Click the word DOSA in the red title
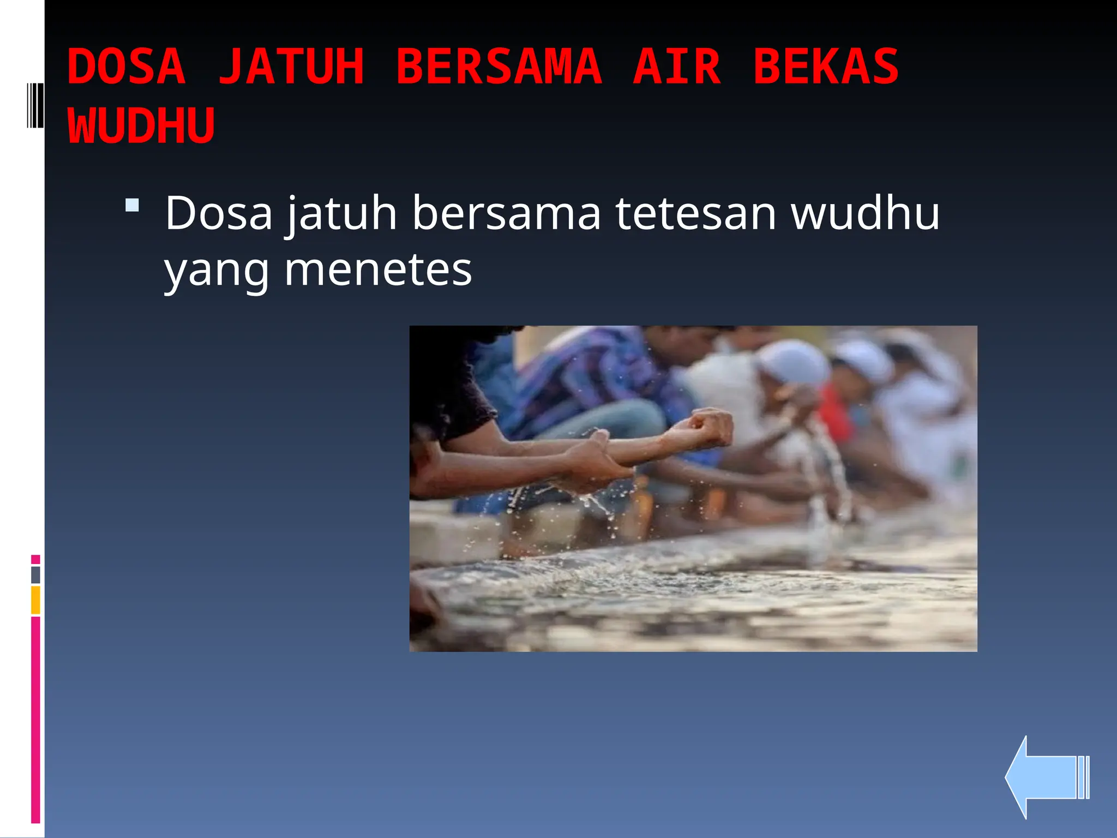(127, 67)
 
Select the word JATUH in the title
(291, 67)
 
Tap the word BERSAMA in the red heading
(499, 67)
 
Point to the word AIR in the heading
(677, 67)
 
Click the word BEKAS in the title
(826, 67)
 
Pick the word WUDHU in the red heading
(141, 126)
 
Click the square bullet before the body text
(132, 206)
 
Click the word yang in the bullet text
(217, 271)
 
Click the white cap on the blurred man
(794, 360)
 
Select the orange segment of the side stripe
(35, 600)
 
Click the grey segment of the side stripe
(35, 574)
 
